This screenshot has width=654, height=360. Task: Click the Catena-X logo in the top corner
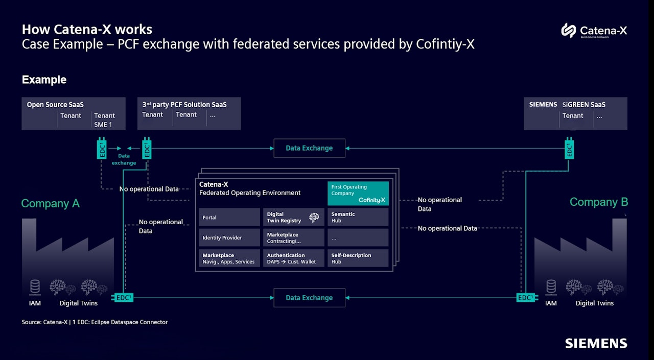pyautogui.click(x=594, y=31)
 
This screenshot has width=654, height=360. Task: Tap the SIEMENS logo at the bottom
pyautogui.click(x=596, y=343)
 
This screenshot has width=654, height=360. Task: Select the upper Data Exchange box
pyautogui.click(x=309, y=148)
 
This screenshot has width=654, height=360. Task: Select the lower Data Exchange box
pyautogui.click(x=309, y=298)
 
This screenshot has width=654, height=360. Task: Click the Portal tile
pyautogui.click(x=229, y=217)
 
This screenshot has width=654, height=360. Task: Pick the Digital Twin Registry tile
pyautogui.click(x=293, y=217)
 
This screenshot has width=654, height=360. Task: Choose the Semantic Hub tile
pyautogui.click(x=358, y=217)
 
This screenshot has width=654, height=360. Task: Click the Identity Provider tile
pyautogui.click(x=229, y=237)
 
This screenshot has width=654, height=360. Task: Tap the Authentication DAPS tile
pyautogui.click(x=293, y=258)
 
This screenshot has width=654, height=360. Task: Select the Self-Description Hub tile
pyautogui.click(x=358, y=258)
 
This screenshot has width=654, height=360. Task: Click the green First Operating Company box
pyautogui.click(x=358, y=194)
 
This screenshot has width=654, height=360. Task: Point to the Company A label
pyautogui.click(x=50, y=204)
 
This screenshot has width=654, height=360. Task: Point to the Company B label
pyautogui.click(x=599, y=202)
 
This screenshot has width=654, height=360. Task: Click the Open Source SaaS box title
pyautogui.click(x=55, y=105)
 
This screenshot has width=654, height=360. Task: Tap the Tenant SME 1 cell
pyautogui.click(x=104, y=120)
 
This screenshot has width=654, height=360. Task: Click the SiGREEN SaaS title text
pyautogui.click(x=583, y=105)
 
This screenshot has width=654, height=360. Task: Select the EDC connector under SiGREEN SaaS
pyautogui.click(x=569, y=149)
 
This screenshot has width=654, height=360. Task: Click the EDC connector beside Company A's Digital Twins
pyautogui.click(x=123, y=298)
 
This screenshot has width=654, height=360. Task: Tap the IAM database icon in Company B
pyautogui.click(x=551, y=287)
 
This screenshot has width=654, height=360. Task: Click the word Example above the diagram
pyautogui.click(x=44, y=80)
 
